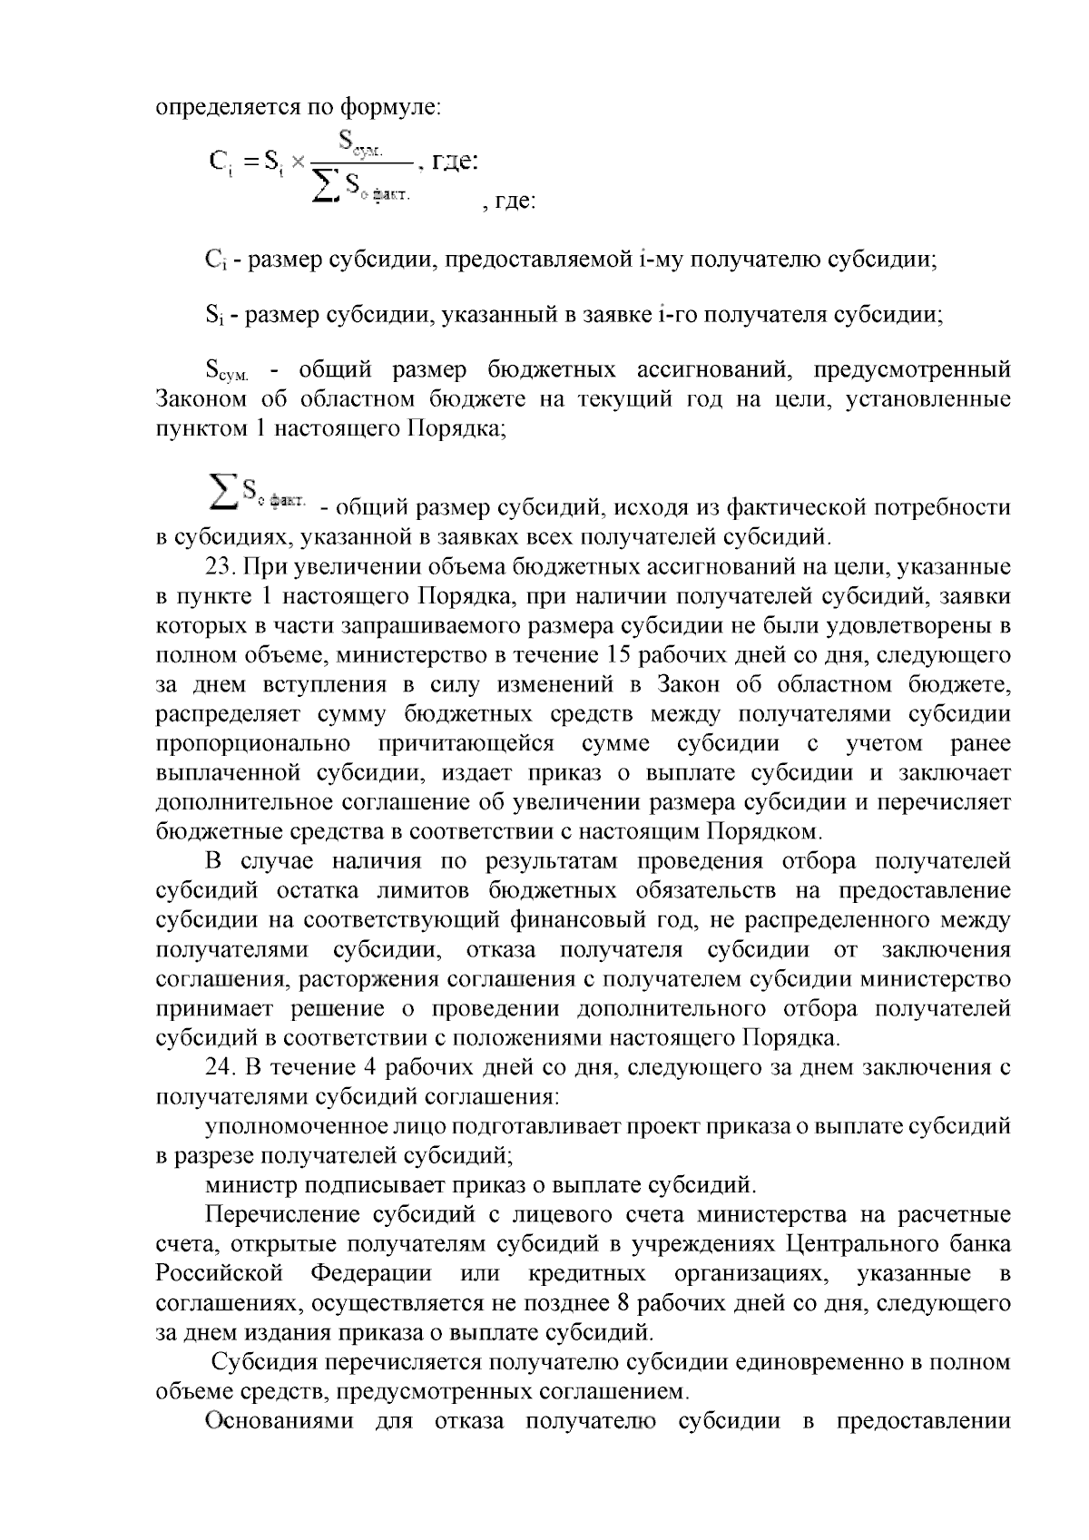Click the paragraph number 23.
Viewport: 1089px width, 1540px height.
click(x=221, y=567)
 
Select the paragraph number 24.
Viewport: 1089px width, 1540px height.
click(x=221, y=1068)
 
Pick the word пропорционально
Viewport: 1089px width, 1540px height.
click(x=253, y=743)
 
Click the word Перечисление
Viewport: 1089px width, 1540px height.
click(x=288, y=1215)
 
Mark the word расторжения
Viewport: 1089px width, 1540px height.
click(x=360, y=980)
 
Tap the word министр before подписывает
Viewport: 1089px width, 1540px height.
click(x=250, y=1185)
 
